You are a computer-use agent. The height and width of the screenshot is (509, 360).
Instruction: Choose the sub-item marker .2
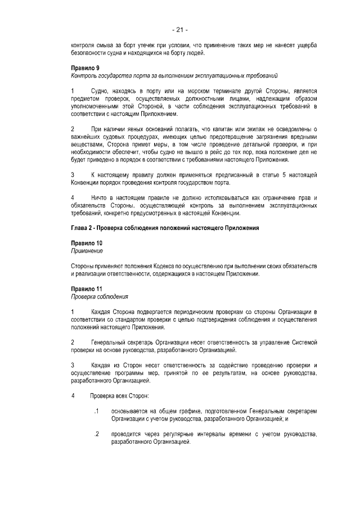pyautogui.click(x=97, y=434)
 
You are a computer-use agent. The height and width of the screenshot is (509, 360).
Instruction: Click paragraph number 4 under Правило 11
pyautogui.click(x=73, y=396)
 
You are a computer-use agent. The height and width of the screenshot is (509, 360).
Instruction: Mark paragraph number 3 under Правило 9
pyautogui.click(x=73, y=175)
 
